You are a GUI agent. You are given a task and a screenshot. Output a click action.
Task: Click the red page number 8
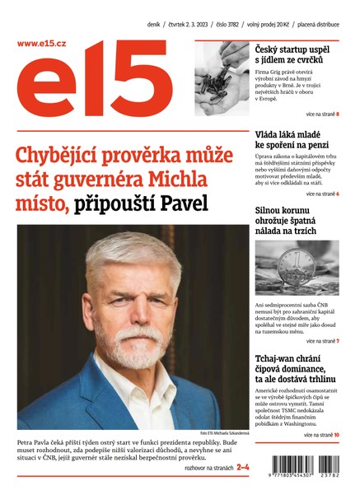(x=338, y=114)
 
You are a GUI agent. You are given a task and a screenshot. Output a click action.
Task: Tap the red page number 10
(x=336, y=434)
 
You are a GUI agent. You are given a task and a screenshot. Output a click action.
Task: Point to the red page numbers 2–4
(x=243, y=468)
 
